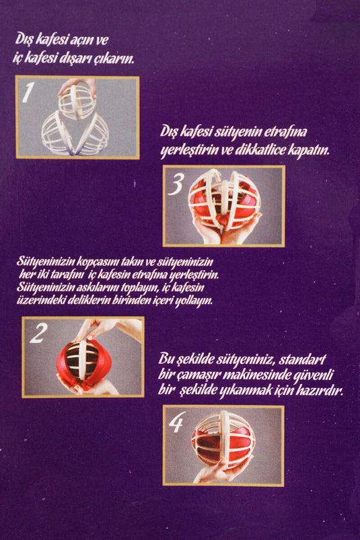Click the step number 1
[x=28, y=92]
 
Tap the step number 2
[x=38, y=333]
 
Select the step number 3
[x=176, y=184]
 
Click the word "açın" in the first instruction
[x=81, y=40]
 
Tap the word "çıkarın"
[x=116, y=59]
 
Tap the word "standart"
[x=301, y=360]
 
